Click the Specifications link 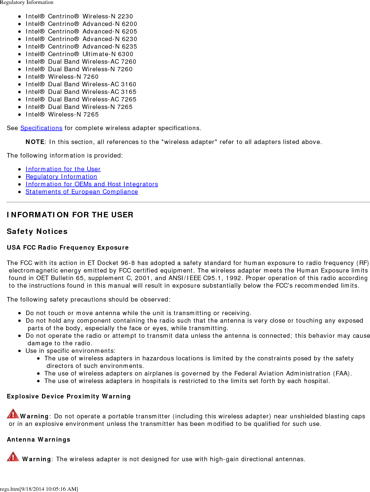[x=41, y=128]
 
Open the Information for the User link [x=63, y=169]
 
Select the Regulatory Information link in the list [x=61, y=177]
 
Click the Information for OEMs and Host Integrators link [x=92, y=184]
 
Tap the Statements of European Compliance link [x=82, y=192]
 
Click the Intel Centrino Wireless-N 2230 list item [x=79, y=16]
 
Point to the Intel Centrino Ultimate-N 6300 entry [x=79, y=54]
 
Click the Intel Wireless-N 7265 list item [x=62, y=114]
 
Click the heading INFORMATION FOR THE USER [x=70, y=215]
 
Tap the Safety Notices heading [x=37, y=231]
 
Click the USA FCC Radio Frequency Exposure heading [x=68, y=248]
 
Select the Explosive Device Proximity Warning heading [x=69, y=396]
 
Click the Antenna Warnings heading [x=39, y=439]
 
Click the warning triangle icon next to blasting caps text [x=13, y=414]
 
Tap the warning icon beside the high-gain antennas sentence [x=13, y=456]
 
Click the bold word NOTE [x=35, y=142]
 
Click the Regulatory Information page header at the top [x=27, y=2]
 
